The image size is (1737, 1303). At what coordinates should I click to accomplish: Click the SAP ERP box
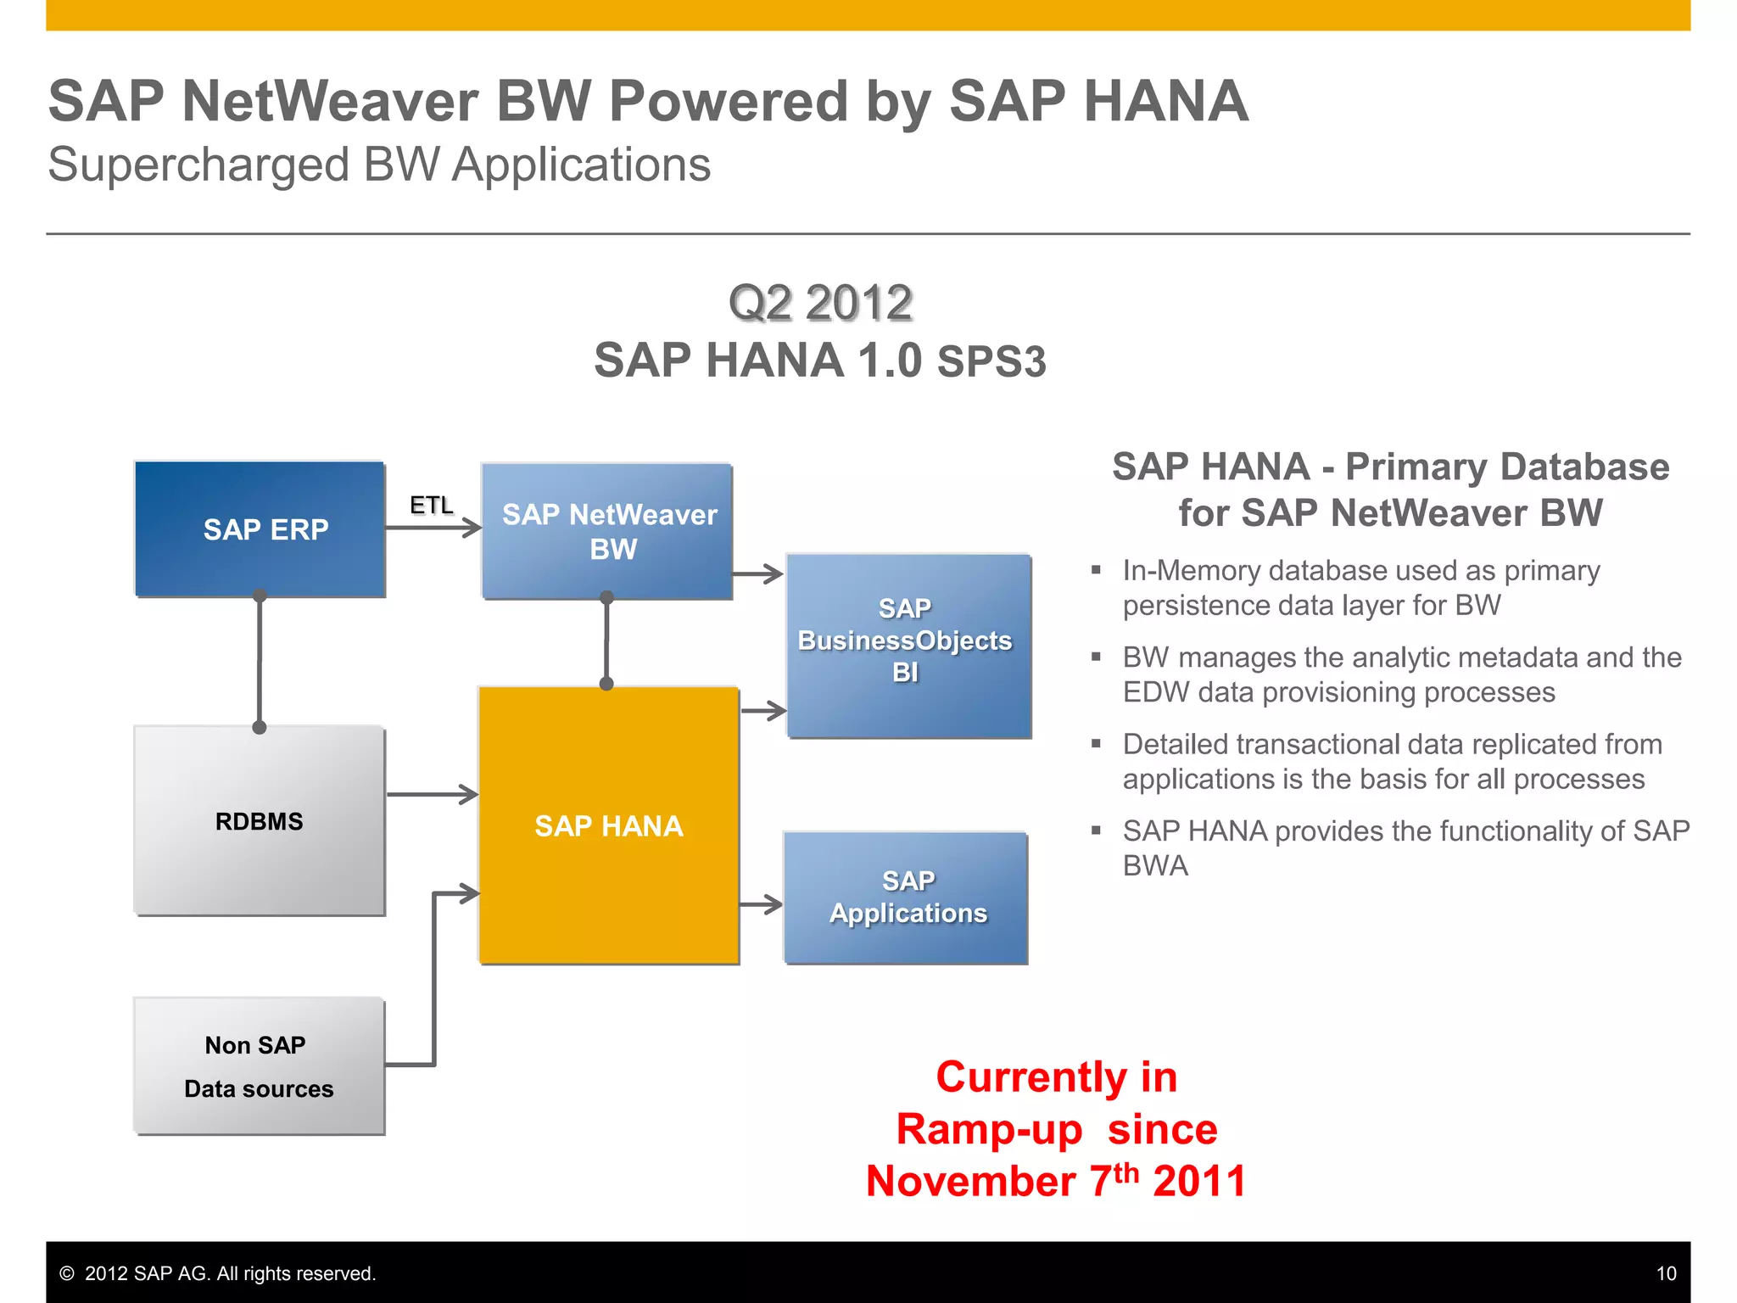coord(260,529)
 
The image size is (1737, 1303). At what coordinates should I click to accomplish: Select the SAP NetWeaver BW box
coord(607,531)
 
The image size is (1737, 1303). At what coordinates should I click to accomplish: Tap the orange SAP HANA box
coord(608,825)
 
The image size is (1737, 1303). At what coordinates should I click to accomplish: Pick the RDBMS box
coord(260,820)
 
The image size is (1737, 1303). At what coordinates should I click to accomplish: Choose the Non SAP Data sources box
coord(260,1066)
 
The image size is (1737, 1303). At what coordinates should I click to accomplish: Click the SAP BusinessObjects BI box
coord(908,645)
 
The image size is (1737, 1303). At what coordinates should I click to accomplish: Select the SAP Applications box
coord(906,898)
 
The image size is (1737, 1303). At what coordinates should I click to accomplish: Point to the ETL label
coord(431,506)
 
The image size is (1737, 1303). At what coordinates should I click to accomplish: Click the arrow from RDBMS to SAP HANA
coord(433,795)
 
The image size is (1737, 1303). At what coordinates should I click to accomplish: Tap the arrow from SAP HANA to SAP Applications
coord(761,904)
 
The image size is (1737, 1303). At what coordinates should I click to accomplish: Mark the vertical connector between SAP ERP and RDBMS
coord(260,662)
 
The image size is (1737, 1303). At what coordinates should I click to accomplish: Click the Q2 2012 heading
coord(820,303)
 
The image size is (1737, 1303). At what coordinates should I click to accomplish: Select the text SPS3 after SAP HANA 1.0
coord(991,362)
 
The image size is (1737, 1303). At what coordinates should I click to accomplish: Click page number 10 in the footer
coord(1666,1273)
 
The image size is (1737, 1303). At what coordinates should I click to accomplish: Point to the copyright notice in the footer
coord(218,1273)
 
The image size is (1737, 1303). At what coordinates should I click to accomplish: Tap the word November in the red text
coord(970,1182)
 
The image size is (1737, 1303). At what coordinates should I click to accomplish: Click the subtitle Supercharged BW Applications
coord(379,165)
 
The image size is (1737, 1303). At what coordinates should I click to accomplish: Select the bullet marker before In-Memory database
coord(1096,570)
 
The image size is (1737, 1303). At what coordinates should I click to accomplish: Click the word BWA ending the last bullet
coord(1155,866)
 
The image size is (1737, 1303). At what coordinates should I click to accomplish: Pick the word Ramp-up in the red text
coord(989,1129)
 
